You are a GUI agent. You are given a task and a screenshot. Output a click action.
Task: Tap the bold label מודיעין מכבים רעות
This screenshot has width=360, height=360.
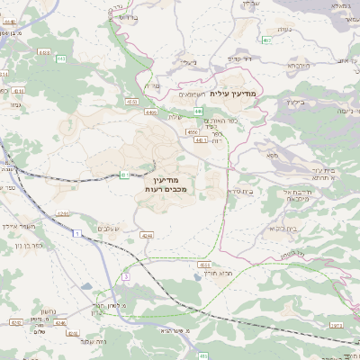click(165, 185)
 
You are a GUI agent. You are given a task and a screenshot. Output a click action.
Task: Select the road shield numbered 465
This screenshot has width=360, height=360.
click(267, 40)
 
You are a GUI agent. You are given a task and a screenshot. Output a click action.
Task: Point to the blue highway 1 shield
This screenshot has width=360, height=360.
click(78, 232)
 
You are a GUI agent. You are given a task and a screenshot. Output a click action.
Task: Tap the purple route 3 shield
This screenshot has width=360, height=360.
click(126, 275)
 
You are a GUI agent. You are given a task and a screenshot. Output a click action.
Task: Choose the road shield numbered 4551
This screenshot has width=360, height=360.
click(132, 102)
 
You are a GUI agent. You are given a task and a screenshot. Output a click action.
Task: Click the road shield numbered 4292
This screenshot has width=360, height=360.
click(16, 321)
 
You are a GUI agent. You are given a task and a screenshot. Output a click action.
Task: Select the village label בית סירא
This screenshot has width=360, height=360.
click(239, 191)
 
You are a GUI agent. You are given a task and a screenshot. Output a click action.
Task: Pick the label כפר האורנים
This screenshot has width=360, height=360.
click(218, 120)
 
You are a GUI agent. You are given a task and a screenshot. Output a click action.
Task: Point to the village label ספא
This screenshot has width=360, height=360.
click(272, 156)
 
